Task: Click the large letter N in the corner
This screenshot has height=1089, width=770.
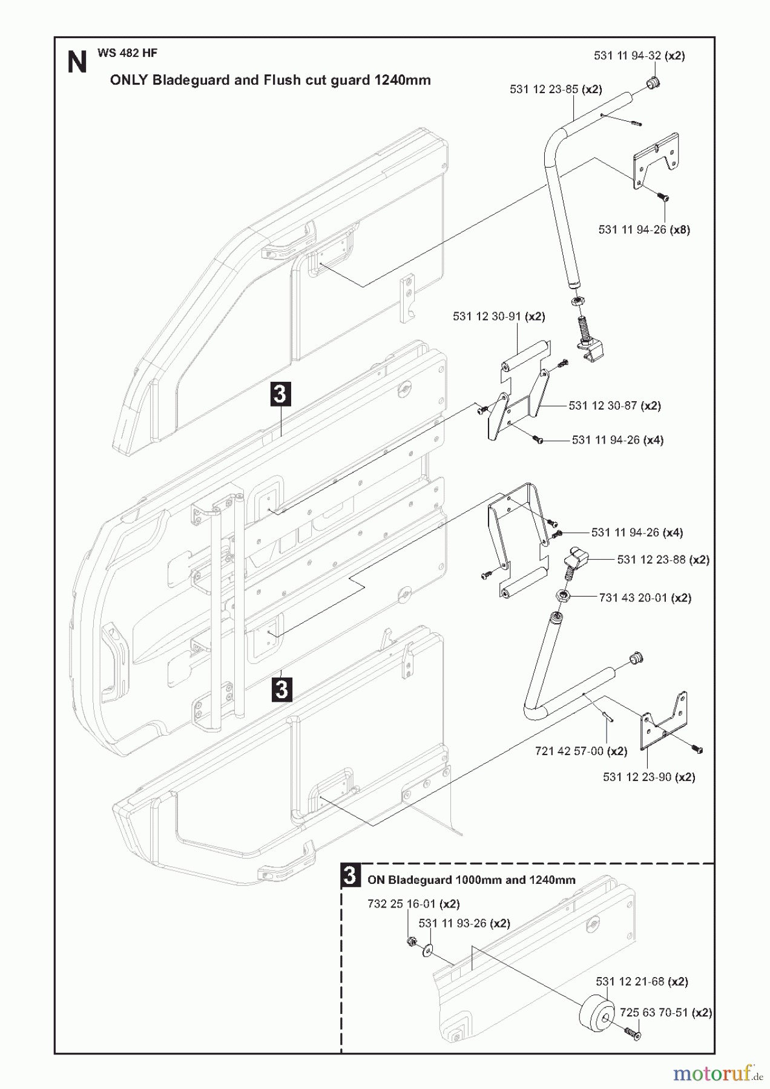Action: pyautogui.click(x=77, y=62)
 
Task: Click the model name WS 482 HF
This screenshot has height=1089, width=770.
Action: pyautogui.click(x=127, y=53)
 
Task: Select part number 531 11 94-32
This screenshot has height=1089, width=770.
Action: pyautogui.click(x=627, y=56)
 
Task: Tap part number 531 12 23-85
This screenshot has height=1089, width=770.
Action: pyautogui.click(x=544, y=90)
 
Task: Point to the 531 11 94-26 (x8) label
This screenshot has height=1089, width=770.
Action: pyautogui.click(x=644, y=230)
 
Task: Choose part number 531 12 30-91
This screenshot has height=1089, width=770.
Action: pyautogui.click(x=487, y=316)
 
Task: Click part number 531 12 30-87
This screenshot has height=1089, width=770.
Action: pyautogui.click(x=602, y=406)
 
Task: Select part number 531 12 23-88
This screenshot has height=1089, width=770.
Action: pyautogui.click(x=651, y=560)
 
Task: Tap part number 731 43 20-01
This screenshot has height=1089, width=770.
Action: pyautogui.click(x=633, y=598)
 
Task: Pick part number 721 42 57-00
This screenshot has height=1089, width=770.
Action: pyautogui.click(x=569, y=751)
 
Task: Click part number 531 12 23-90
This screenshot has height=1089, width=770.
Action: pyautogui.click(x=637, y=777)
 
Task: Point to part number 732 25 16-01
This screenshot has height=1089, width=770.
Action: pyautogui.click(x=401, y=904)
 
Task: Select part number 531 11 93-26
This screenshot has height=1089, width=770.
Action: pyautogui.click(x=452, y=924)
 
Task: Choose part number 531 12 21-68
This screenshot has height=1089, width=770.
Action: pyautogui.click(x=630, y=982)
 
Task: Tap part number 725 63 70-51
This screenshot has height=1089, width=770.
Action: pyautogui.click(x=654, y=1013)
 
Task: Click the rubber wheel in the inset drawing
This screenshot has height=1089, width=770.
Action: pyautogui.click(x=596, y=1016)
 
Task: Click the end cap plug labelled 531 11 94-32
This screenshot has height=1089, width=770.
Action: pyautogui.click(x=652, y=83)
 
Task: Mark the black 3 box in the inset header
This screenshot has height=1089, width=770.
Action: pyautogui.click(x=350, y=875)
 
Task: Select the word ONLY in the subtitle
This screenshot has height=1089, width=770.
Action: pyautogui.click(x=128, y=80)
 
